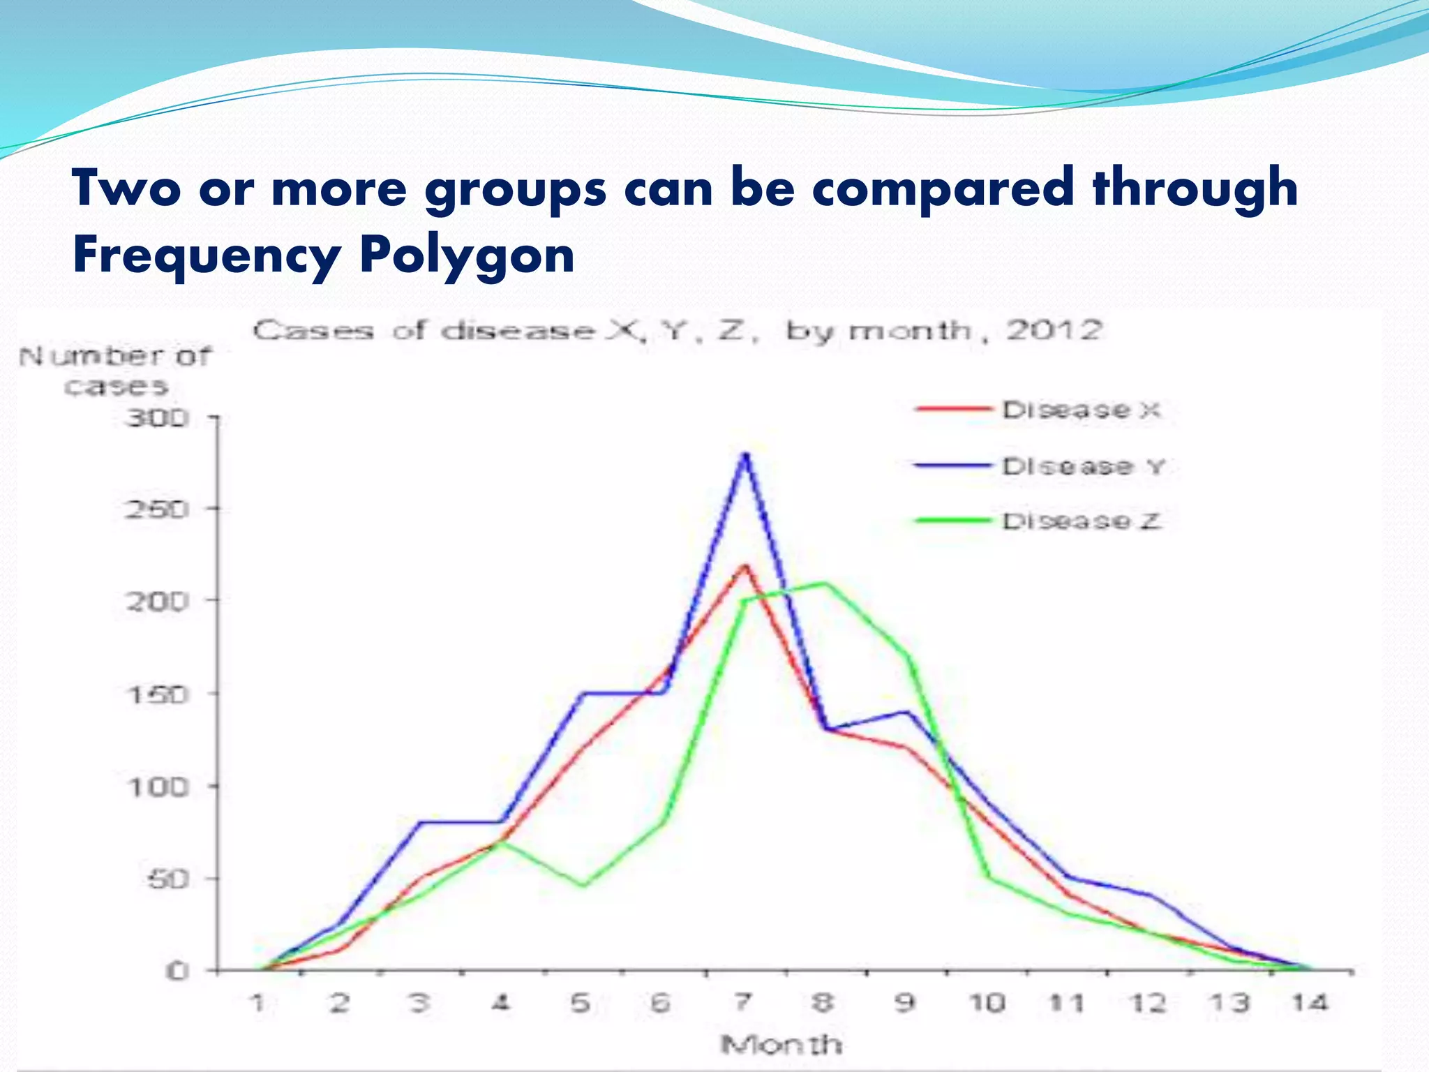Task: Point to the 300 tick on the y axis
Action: (157, 418)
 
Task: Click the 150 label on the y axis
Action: (157, 694)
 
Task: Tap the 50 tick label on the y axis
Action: (167, 879)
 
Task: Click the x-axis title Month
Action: (781, 1045)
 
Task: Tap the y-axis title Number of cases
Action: (116, 371)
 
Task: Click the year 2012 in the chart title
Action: (1053, 329)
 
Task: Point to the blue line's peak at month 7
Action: (746, 454)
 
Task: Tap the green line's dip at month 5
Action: (583, 886)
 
